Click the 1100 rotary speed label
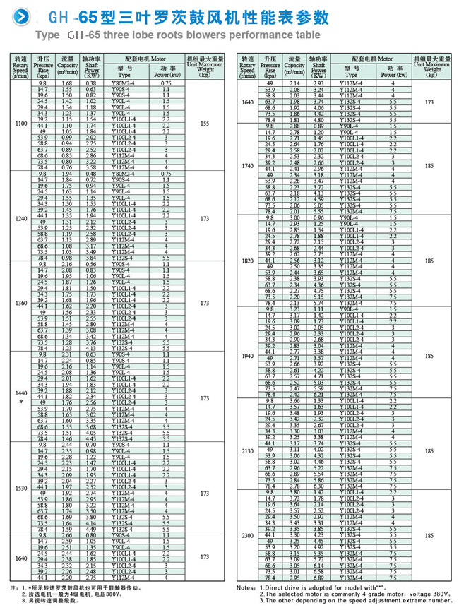click(21, 124)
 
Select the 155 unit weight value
click(205, 124)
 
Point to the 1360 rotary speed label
click(21, 304)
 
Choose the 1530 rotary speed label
click(21, 488)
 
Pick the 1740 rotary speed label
click(247, 167)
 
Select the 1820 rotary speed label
click(247, 261)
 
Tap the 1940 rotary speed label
click(247, 354)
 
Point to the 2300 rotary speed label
click(247, 536)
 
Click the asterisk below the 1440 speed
click(21, 401)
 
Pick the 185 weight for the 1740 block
click(429, 167)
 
